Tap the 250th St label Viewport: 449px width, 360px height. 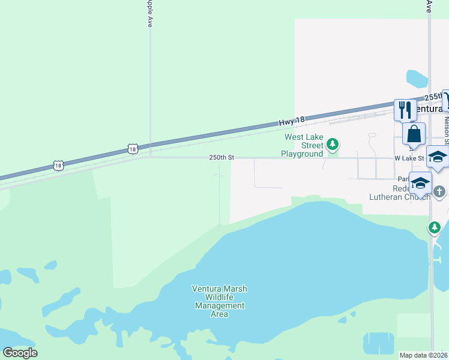click(221, 157)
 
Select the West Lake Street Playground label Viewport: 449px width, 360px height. click(303, 145)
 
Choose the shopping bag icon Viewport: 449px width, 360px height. click(414, 134)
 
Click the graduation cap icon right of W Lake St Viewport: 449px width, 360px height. click(438, 157)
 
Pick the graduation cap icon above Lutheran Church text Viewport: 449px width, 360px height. click(420, 183)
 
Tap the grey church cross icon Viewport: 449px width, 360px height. click(439, 192)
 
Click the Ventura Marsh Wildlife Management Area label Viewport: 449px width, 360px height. click(219, 301)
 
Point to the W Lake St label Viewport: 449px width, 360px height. click(409, 158)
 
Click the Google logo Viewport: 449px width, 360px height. click(20, 353)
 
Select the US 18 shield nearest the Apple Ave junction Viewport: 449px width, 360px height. click(133, 148)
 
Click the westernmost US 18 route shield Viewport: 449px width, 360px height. click(58, 165)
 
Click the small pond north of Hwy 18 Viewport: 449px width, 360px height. click(417, 79)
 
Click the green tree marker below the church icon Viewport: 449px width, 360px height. click(435, 227)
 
